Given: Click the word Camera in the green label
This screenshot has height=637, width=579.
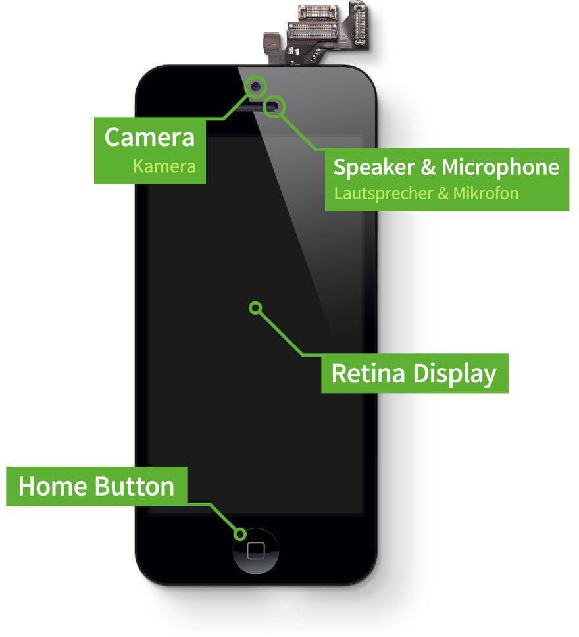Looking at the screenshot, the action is (x=149, y=138).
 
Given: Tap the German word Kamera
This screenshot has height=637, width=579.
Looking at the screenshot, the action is (x=164, y=166).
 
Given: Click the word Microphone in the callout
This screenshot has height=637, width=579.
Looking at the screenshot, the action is (x=500, y=167).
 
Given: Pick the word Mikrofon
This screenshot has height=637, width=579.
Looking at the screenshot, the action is (x=486, y=193).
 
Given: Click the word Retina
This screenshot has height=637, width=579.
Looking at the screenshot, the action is (x=369, y=373).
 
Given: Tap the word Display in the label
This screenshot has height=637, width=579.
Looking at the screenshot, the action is (x=455, y=373).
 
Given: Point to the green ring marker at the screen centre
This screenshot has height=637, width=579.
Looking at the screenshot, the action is (x=255, y=307).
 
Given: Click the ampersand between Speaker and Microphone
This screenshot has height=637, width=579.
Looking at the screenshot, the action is (x=428, y=167).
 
